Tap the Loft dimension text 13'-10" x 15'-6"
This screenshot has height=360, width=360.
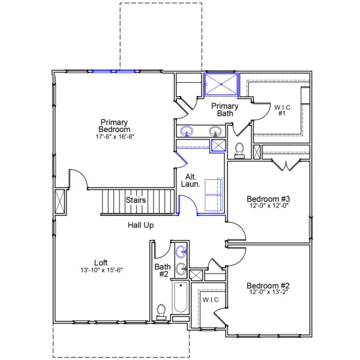[101, 270]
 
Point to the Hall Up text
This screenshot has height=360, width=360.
[141, 226]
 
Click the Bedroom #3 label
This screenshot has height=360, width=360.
[268, 199]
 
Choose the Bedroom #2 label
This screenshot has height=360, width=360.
[268, 286]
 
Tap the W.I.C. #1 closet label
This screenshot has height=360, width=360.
[283, 110]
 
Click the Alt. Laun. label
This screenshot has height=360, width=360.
[191, 180]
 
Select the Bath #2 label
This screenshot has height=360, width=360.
[162, 270]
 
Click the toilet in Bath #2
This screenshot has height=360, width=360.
[161, 311]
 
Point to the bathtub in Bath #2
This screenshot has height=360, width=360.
[180, 298]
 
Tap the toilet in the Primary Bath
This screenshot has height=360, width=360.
[239, 149]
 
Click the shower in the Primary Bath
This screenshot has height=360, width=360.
[221, 83]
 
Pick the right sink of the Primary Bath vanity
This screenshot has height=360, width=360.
[215, 131]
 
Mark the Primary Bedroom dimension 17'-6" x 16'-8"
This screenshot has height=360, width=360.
[115, 136]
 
